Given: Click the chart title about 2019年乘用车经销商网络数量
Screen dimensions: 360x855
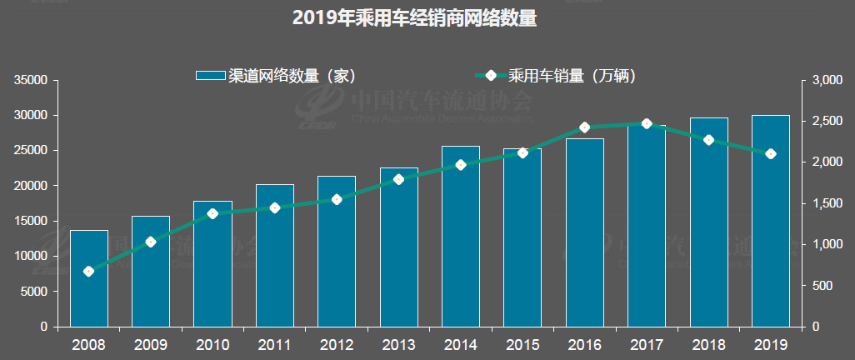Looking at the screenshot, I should point(414,18).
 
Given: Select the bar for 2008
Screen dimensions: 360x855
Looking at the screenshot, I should point(88,278).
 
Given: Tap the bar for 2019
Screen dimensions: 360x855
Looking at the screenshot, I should point(770,221).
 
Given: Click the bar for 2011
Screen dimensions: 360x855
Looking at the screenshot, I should point(274,255).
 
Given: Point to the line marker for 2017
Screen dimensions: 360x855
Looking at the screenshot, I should point(647,123).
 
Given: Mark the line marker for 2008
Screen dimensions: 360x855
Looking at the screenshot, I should point(88,271).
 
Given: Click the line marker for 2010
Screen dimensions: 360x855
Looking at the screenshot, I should point(212,213).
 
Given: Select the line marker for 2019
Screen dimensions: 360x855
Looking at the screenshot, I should point(770,153).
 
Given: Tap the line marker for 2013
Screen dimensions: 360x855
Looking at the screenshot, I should point(398,179).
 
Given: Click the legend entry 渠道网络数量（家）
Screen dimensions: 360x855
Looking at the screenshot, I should point(276,76).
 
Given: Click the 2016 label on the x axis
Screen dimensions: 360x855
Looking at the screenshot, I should point(584,343).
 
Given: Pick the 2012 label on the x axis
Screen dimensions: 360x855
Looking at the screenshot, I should point(337,343).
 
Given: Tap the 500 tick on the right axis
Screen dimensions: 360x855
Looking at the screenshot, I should point(824,286).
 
